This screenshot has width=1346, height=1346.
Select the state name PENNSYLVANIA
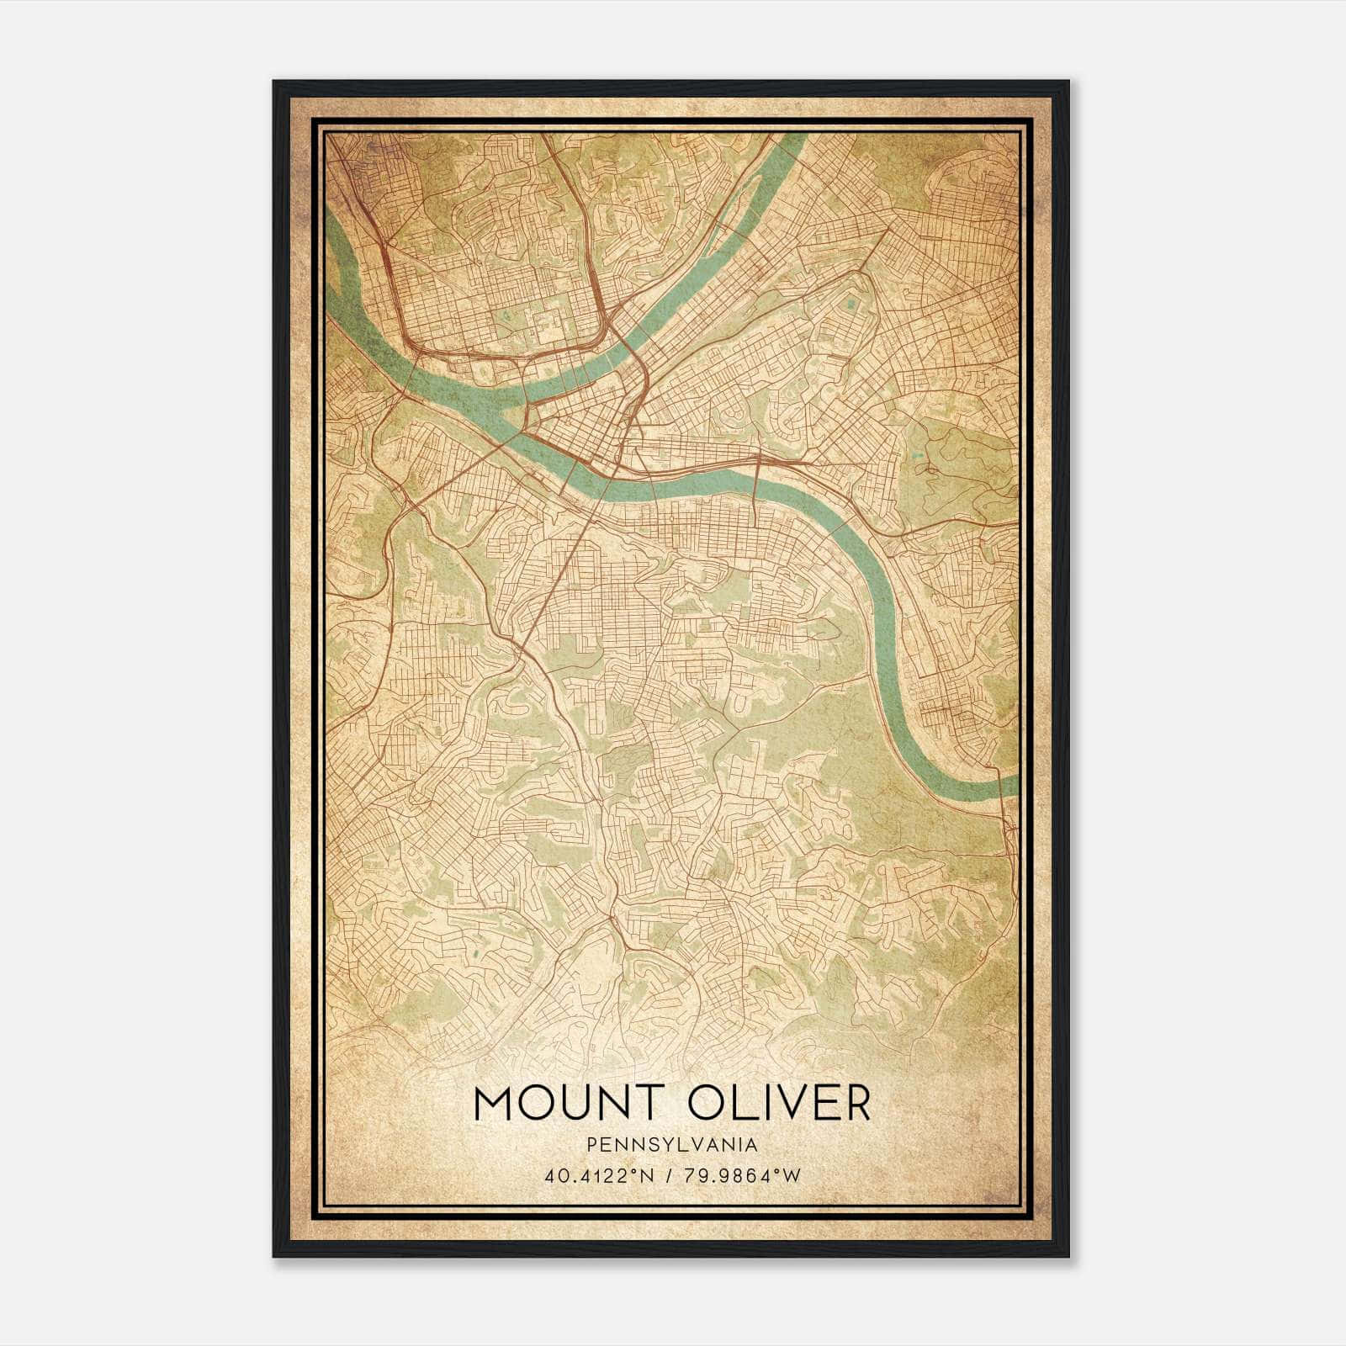(x=672, y=1145)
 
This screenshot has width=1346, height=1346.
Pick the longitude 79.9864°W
(x=740, y=1176)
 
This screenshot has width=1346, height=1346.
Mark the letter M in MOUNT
(x=493, y=1104)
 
